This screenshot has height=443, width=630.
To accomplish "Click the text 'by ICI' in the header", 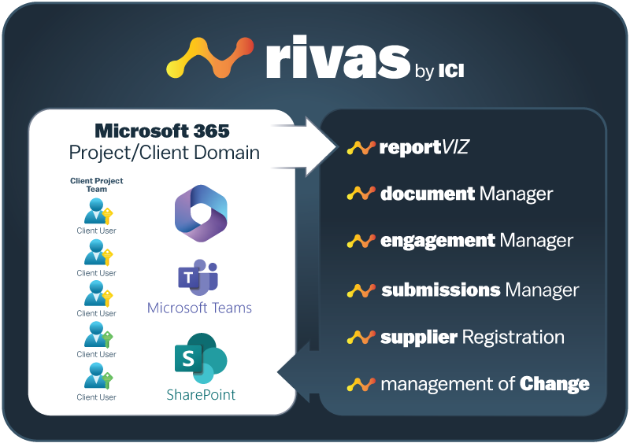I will tap(439, 72).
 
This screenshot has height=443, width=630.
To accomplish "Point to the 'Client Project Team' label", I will tap(97, 185).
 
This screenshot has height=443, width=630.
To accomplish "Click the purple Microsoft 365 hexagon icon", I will tap(200, 215).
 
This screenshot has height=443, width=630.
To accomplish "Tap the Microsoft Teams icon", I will tap(199, 278).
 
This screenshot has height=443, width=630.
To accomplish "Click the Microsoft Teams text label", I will tap(199, 308).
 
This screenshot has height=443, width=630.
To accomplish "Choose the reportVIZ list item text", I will tap(424, 147).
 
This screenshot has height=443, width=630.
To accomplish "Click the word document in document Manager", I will tap(428, 194).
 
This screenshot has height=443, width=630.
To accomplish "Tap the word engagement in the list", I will tap(438, 240).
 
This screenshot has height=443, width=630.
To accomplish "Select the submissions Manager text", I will tap(480, 290).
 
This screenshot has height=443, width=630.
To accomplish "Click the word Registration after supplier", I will tap(513, 338).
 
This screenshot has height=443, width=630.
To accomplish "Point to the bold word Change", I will tap(554, 385).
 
